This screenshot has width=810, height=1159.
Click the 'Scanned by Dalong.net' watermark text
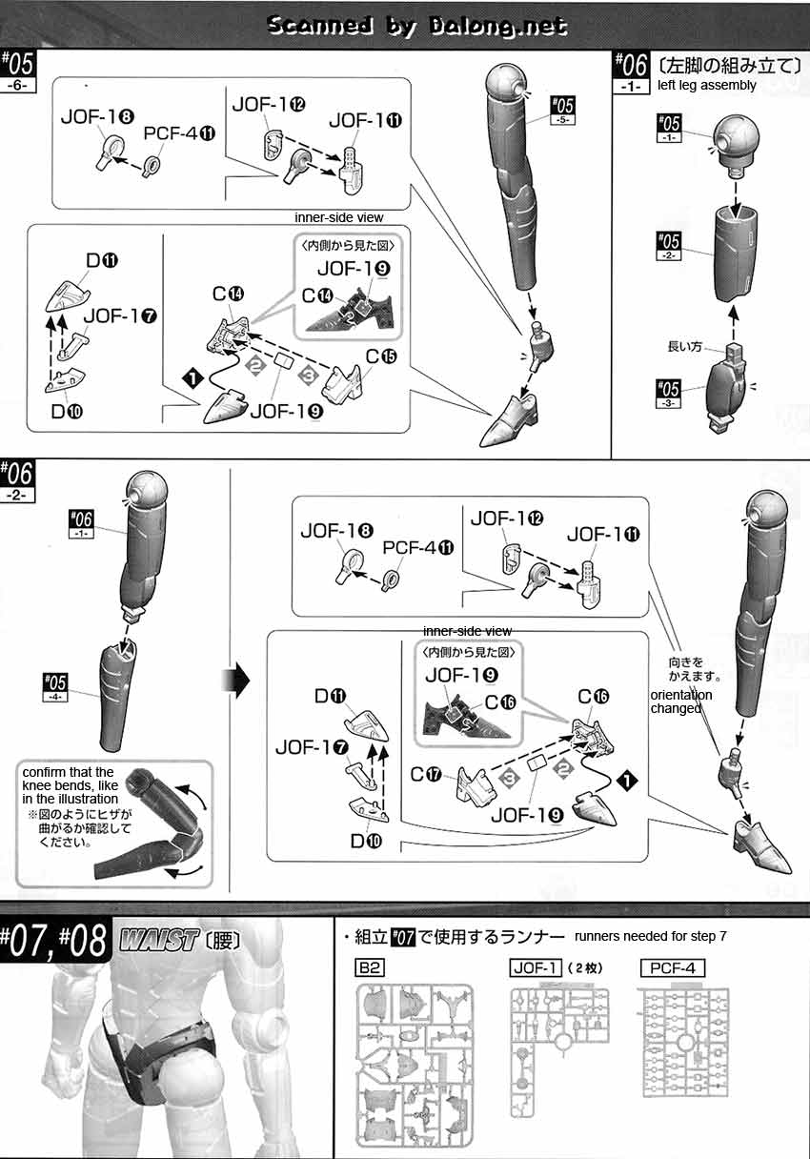pyautogui.click(x=416, y=26)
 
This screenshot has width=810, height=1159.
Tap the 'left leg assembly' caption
pyautogui.click(x=706, y=85)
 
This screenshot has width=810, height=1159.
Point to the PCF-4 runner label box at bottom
pyautogui.click(x=672, y=968)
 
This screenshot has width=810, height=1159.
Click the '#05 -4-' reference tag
pyautogui.click(x=56, y=684)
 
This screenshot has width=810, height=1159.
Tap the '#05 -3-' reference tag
pyautogui.click(x=669, y=393)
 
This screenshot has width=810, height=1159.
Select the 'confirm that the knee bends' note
pyautogui.click(x=69, y=784)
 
